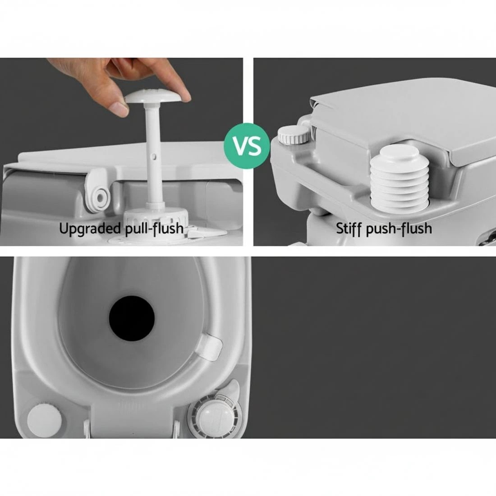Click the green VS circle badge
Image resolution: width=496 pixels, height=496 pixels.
[247, 146]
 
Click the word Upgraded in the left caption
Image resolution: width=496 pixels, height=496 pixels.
[90, 229]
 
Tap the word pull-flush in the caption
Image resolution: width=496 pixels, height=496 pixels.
[154, 229]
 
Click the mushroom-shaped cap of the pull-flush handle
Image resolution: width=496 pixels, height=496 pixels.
[154, 96]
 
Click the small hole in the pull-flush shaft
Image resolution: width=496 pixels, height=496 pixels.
[154, 156]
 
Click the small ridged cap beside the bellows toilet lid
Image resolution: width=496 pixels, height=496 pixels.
[294, 134]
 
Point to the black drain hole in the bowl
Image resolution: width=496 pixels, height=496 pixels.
[132, 318]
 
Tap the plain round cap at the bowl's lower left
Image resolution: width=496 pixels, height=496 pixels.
[45, 420]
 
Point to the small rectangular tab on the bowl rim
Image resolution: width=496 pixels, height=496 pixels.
[209, 347]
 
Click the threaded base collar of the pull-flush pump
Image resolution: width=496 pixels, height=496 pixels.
[156, 220]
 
